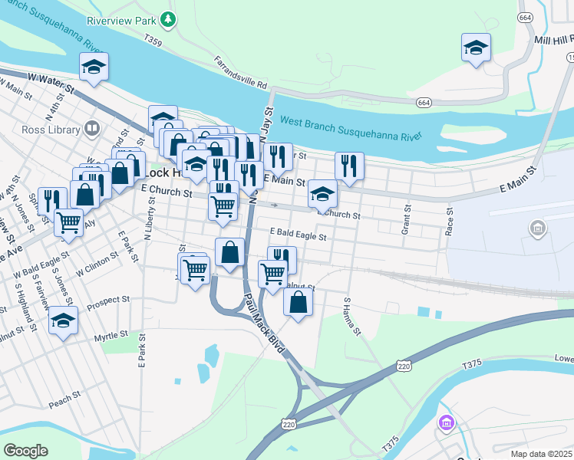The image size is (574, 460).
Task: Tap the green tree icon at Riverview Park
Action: click(x=168, y=18)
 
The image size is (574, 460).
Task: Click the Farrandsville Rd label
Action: click(x=240, y=72)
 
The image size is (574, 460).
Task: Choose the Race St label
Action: click(x=450, y=221)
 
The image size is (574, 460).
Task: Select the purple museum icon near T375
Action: click(x=445, y=422)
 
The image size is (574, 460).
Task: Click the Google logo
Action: click(x=26, y=450)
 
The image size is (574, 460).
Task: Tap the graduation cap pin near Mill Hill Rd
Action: click(x=476, y=48)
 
